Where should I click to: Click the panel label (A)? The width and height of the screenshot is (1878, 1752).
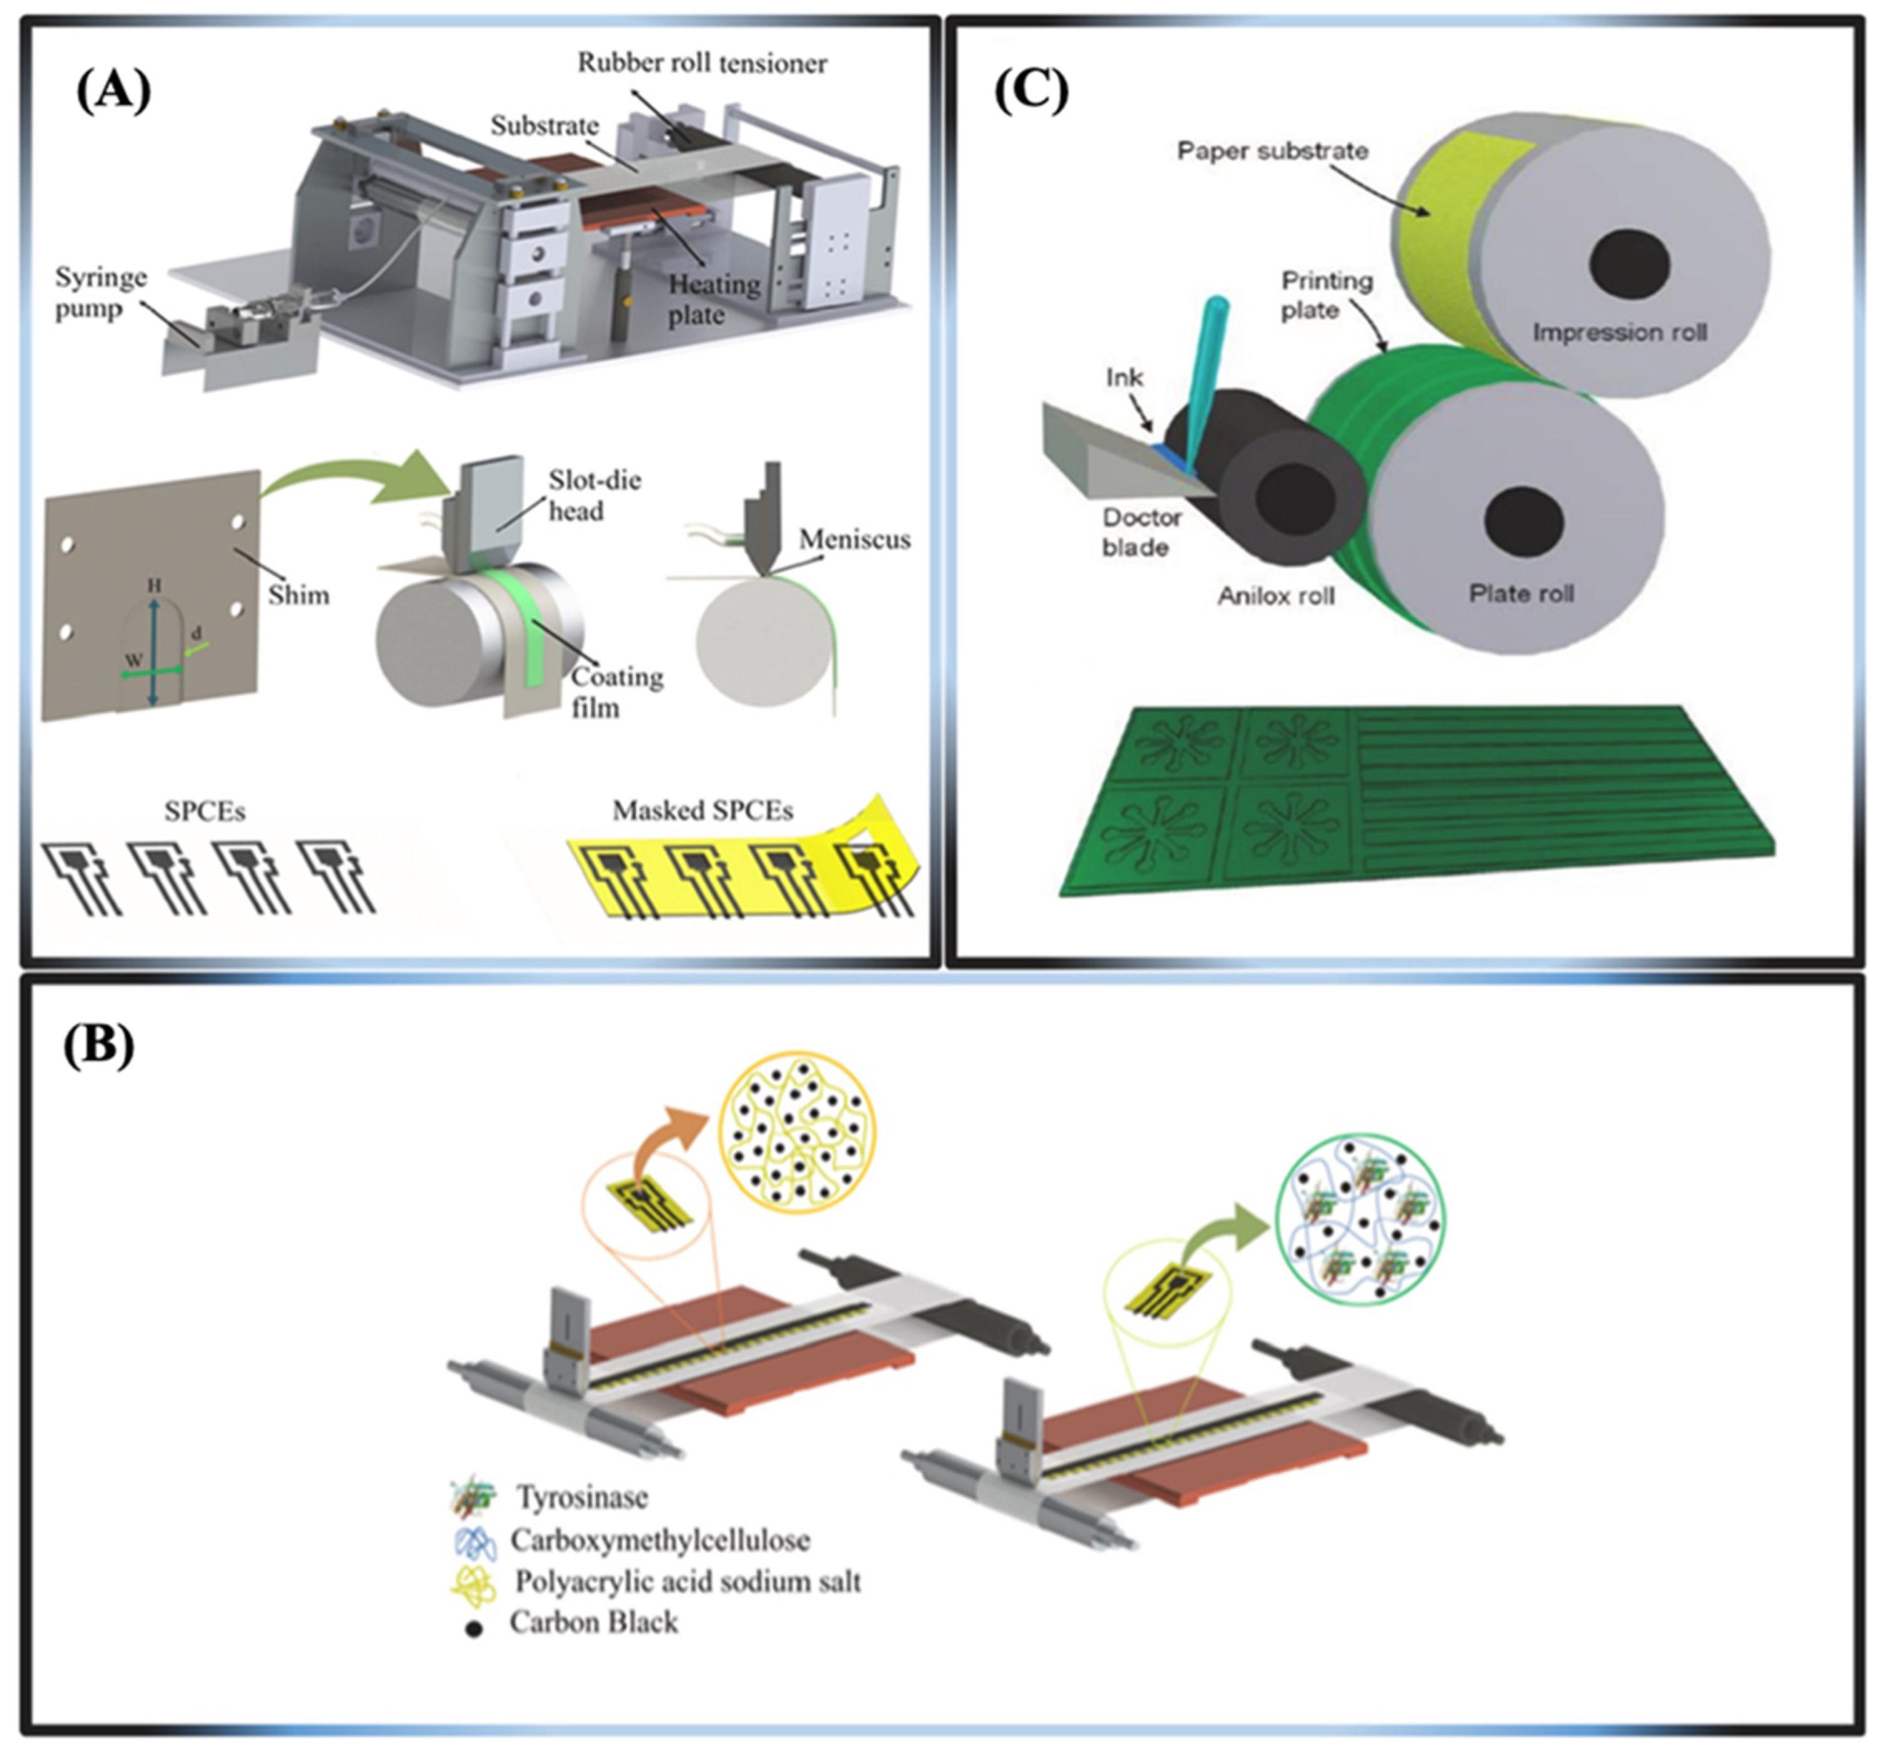click(113, 93)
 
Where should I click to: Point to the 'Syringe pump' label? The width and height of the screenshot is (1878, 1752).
click(100, 293)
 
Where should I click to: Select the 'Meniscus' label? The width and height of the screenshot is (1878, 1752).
click(854, 540)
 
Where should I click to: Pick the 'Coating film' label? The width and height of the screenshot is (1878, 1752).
click(617, 692)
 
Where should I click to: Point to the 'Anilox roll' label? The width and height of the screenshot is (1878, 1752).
click(1275, 596)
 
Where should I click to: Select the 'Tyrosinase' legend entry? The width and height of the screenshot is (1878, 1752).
click(581, 1497)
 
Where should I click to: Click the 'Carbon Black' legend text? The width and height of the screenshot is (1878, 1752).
click(593, 1622)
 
